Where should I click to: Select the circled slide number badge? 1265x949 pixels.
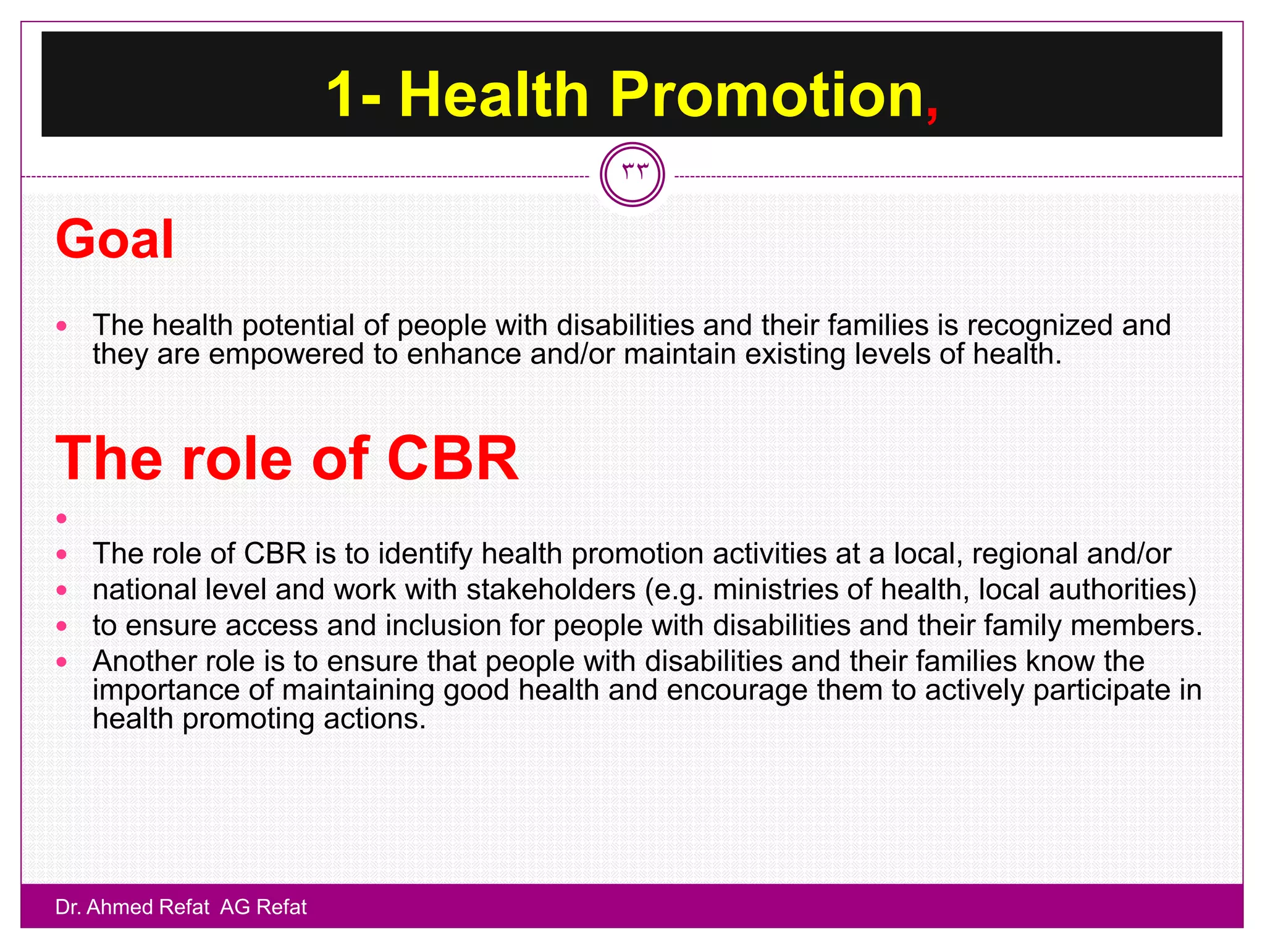(x=632, y=174)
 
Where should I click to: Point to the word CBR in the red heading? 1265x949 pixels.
(x=452, y=458)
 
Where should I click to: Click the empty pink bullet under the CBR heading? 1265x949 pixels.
(x=61, y=518)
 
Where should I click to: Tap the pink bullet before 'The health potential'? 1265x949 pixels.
(x=61, y=326)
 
